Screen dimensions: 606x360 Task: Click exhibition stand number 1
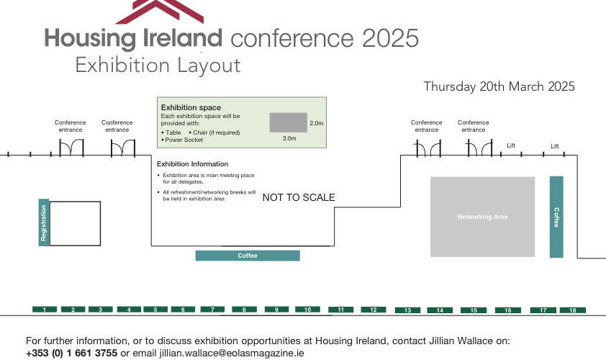point(45,310)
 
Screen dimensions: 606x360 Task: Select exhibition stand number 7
point(212,310)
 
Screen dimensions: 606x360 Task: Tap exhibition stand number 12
point(374,310)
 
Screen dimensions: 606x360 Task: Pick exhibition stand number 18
point(573,310)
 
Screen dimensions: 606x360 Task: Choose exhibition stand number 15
point(474,310)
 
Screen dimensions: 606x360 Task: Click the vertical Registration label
point(44,222)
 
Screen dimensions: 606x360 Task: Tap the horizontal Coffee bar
point(248,256)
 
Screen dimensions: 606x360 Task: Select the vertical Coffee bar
point(556,217)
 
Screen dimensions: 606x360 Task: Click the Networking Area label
point(482,217)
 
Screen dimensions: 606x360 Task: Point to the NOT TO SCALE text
point(299,197)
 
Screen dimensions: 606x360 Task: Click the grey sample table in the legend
point(289,122)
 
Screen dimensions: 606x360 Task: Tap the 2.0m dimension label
point(316,123)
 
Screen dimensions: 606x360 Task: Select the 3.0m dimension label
point(289,138)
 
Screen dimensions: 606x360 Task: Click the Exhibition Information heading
point(192,164)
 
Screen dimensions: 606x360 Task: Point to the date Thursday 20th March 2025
point(499,86)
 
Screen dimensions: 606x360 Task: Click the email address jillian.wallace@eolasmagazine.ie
point(232,353)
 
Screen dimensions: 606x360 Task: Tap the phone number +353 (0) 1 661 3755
point(71,353)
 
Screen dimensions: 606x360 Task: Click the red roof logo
point(160,11)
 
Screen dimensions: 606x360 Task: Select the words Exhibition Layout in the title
point(158,65)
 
